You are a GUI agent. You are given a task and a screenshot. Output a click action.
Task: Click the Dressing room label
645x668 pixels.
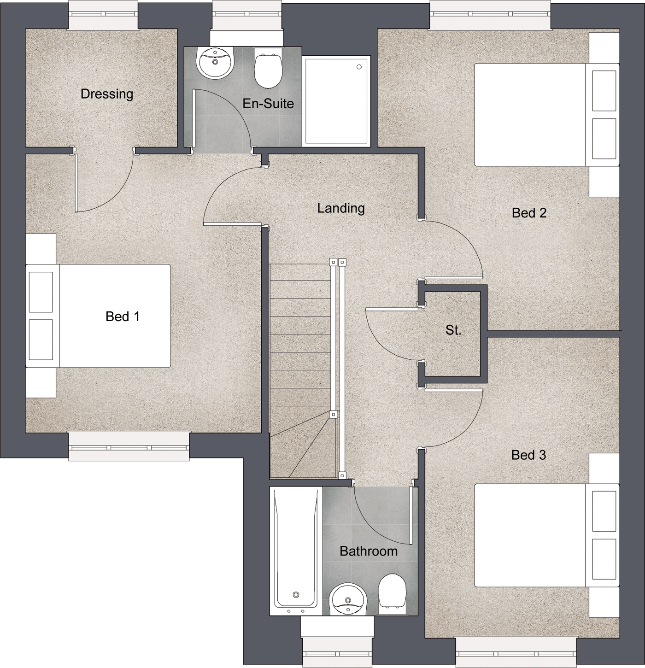(107, 94)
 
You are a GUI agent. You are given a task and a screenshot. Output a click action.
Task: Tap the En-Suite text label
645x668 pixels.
(268, 103)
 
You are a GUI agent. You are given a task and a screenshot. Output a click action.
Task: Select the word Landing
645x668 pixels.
(341, 208)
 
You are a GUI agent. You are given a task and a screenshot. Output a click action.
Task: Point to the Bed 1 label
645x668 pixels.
(123, 316)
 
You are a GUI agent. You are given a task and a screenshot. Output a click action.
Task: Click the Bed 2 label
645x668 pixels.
(529, 213)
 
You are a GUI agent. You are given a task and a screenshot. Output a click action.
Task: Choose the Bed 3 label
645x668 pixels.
(528, 455)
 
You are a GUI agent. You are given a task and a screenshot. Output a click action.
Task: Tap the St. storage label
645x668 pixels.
(453, 330)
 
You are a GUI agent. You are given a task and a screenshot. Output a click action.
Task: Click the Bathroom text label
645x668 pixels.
(369, 551)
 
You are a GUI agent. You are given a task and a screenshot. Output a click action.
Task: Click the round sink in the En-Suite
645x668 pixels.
(215, 62)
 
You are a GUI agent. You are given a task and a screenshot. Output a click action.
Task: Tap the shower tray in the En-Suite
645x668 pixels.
(336, 101)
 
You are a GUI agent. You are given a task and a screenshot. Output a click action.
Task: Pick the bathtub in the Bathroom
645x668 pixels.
(296, 551)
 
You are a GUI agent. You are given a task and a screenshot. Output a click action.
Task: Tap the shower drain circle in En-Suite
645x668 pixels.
(359, 67)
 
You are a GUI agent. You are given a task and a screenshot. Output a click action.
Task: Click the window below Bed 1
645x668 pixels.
(129, 446)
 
